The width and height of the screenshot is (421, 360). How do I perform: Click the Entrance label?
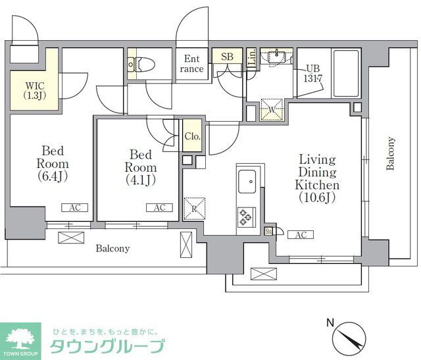click(x=193, y=63)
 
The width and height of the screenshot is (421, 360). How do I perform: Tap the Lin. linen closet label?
click(x=251, y=57)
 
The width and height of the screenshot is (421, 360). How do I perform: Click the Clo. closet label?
click(x=192, y=137)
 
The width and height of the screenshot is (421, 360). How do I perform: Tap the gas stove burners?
click(x=247, y=215)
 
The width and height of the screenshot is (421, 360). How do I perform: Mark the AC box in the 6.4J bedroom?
click(x=74, y=207)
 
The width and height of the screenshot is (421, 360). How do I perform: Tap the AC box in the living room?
click(x=300, y=235)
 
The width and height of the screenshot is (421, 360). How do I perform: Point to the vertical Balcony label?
click(x=391, y=153)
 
